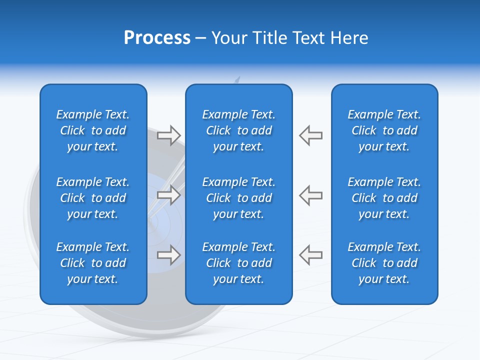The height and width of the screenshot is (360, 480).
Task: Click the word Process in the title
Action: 157,38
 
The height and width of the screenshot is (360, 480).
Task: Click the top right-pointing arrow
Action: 168,135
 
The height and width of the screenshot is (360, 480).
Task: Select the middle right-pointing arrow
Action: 168,195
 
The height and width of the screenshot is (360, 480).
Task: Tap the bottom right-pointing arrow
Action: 168,255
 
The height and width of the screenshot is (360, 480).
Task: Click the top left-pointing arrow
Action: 310,135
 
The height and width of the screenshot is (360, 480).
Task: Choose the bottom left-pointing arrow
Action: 310,255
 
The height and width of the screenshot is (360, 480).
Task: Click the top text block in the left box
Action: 93,130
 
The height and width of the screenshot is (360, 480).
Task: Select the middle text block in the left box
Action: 93,198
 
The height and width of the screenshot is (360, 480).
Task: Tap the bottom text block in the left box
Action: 93,263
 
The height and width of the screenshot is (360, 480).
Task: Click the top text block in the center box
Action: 238,130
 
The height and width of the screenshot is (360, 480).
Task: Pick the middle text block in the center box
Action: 238,198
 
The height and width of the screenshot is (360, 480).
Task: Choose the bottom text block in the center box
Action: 238,263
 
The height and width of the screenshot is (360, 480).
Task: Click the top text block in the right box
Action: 384,130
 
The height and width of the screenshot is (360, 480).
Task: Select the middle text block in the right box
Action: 384,198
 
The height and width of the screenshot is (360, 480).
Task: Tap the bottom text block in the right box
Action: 384,263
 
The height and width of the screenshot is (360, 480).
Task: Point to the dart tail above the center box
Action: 237,80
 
